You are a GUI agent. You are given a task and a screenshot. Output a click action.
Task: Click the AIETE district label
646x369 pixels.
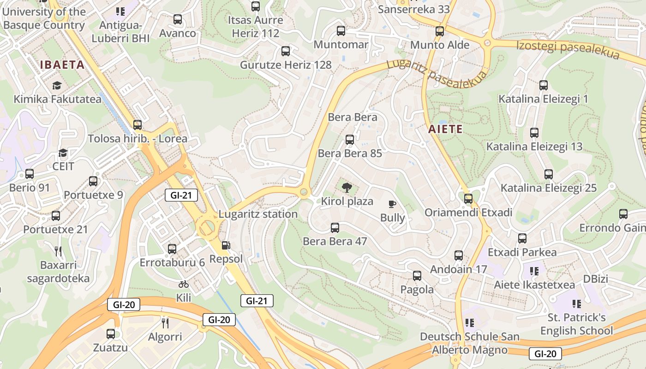pyautogui.click(x=445, y=129)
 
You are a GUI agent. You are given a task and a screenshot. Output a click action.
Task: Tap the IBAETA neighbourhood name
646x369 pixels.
pyautogui.click(x=62, y=65)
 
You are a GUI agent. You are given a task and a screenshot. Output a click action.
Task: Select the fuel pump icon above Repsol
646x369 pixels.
pyautogui.click(x=226, y=246)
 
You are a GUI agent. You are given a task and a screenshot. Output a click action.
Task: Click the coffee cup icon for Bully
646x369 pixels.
pyautogui.click(x=392, y=204)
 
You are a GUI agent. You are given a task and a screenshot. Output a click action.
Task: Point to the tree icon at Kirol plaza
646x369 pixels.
pyautogui.click(x=347, y=187)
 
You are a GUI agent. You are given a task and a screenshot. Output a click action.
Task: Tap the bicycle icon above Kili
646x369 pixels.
pyautogui.click(x=184, y=284)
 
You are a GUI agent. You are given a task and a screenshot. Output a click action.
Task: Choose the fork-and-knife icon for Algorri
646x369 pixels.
pyautogui.click(x=165, y=322)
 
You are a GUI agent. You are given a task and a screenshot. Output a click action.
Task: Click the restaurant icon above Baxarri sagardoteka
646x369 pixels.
pyautogui.click(x=58, y=251)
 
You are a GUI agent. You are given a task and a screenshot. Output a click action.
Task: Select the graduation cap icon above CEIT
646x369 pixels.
pyautogui.click(x=63, y=152)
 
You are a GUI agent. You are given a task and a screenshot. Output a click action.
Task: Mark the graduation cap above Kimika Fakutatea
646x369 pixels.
pyautogui.click(x=57, y=85)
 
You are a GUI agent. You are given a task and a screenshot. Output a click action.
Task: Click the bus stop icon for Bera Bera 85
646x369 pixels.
pyautogui.click(x=350, y=139)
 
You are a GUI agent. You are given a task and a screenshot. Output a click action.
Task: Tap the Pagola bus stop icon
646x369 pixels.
pyautogui.click(x=417, y=276)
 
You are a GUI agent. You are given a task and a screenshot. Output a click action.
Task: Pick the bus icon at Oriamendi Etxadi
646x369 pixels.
pyautogui.click(x=468, y=199)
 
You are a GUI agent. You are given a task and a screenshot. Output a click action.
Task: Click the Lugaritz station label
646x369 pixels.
pyautogui.click(x=258, y=214)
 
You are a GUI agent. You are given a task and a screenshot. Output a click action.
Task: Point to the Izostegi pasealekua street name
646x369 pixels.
pyautogui.click(x=568, y=49)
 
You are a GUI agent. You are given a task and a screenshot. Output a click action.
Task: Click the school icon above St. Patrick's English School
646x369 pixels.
pyautogui.click(x=576, y=304)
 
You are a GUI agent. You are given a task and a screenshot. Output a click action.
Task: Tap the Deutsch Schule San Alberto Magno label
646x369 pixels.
pyautogui.click(x=469, y=343)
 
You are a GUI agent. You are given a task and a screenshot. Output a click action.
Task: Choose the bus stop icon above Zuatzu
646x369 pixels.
pyautogui.click(x=111, y=334)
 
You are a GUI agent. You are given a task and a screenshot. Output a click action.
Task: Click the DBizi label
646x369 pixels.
pyautogui.click(x=596, y=279)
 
